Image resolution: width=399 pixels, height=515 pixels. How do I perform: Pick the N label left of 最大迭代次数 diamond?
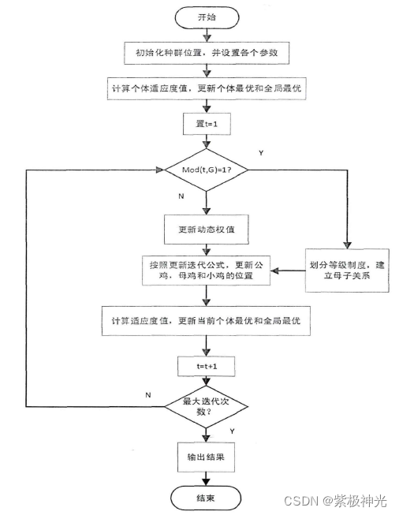click(147, 394)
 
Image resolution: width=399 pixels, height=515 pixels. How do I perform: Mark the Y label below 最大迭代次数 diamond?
click(232, 432)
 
